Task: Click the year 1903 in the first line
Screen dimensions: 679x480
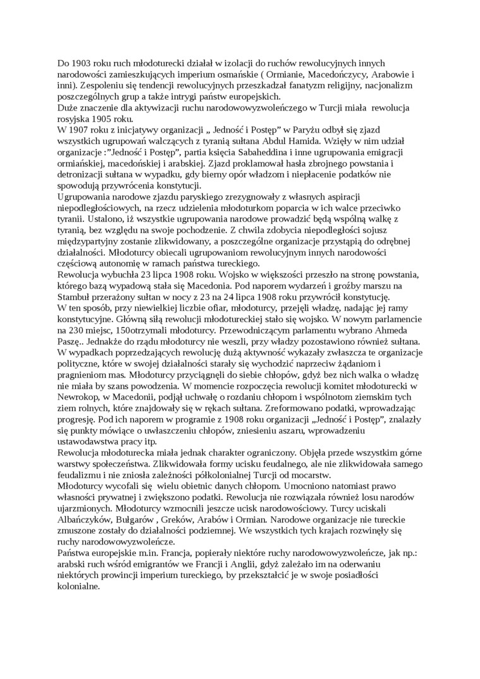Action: tap(81, 64)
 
